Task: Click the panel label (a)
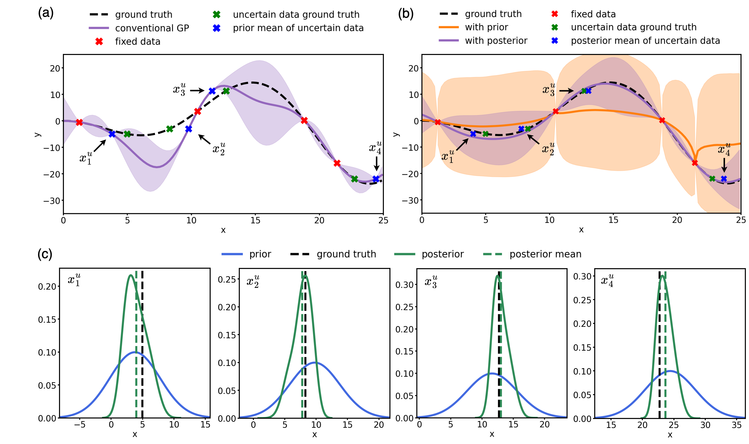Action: (x=46, y=13)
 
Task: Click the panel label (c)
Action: (x=45, y=254)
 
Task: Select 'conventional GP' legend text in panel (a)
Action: (x=152, y=28)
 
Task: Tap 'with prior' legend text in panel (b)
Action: (x=486, y=27)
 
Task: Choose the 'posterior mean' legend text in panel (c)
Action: (x=545, y=254)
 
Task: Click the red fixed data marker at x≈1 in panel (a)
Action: (x=79, y=122)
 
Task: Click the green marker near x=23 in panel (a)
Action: (x=354, y=179)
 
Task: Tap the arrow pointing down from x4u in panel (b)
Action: (x=724, y=165)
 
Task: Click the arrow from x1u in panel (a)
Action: (x=100, y=146)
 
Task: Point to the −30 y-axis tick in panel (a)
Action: (x=52, y=201)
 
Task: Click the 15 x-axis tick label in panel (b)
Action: (x=613, y=220)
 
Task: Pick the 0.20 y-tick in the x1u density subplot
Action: (x=47, y=286)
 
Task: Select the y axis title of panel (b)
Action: (x=396, y=134)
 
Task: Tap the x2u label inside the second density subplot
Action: (x=253, y=281)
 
